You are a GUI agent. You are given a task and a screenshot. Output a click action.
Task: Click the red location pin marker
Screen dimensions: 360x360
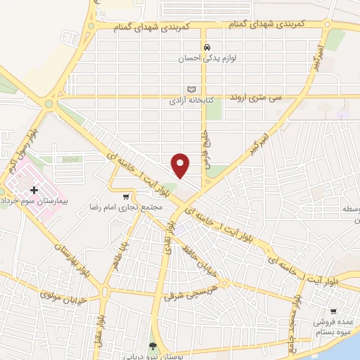[181, 165]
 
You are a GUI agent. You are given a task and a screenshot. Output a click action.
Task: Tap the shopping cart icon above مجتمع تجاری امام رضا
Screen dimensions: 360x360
[126, 197]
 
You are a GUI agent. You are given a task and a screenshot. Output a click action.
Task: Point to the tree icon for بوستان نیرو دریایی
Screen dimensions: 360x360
[153, 345]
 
